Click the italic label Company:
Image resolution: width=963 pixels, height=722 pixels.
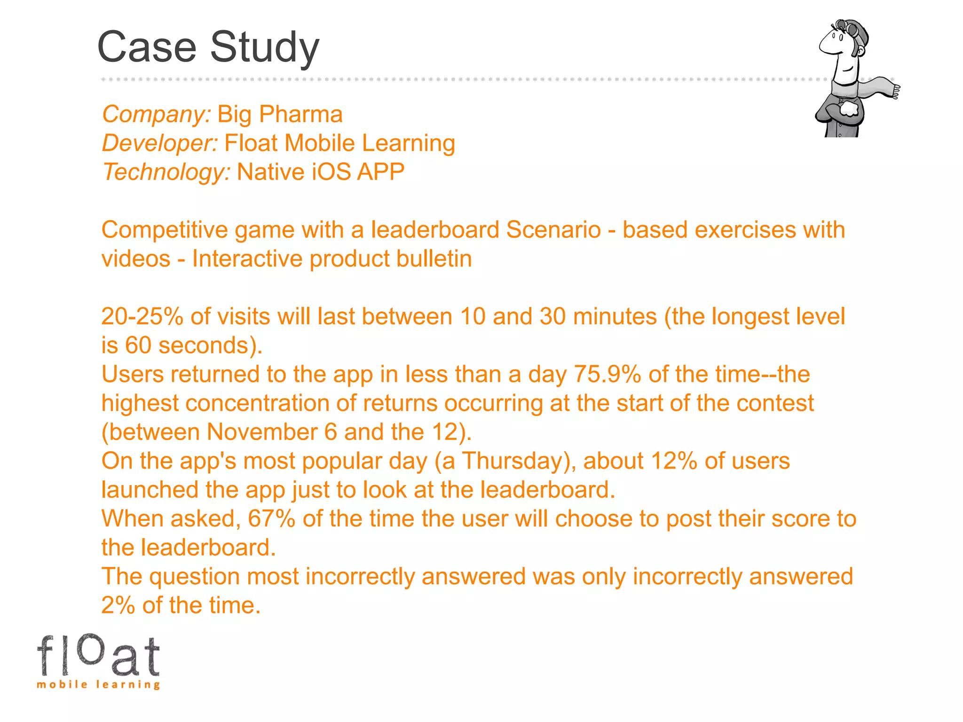pyautogui.click(x=157, y=114)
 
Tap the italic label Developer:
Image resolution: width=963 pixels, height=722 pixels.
pyautogui.click(x=160, y=143)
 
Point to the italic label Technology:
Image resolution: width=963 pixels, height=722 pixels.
pyautogui.click(x=166, y=172)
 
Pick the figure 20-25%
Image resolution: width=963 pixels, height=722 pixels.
pyautogui.click(x=142, y=316)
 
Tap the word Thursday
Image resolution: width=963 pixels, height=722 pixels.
pyautogui.click(x=513, y=461)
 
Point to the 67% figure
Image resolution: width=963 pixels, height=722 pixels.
pyautogui.click(x=271, y=519)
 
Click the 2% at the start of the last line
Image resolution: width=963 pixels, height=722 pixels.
pyautogui.click(x=118, y=605)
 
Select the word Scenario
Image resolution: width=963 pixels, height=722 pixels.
pyautogui.click(x=553, y=230)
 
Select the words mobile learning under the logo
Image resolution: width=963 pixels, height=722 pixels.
pyautogui.click(x=98, y=684)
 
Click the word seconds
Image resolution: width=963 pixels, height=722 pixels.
pyautogui.click(x=203, y=345)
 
